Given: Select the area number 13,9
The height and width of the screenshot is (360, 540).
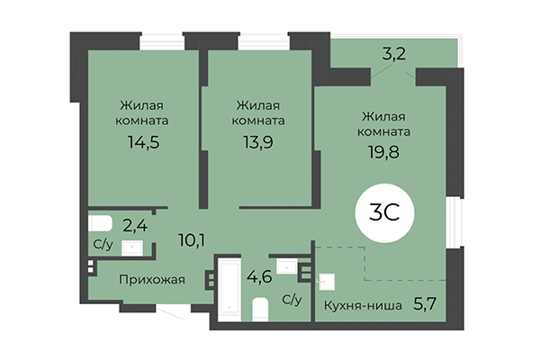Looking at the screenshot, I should (x=258, y=141).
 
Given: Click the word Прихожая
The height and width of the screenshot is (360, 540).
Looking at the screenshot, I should (x=152, y=280).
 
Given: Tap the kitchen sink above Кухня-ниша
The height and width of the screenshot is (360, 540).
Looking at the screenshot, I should (x=326, y=280).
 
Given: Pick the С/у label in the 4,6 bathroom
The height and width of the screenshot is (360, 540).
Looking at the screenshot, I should (x=291, y=300).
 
